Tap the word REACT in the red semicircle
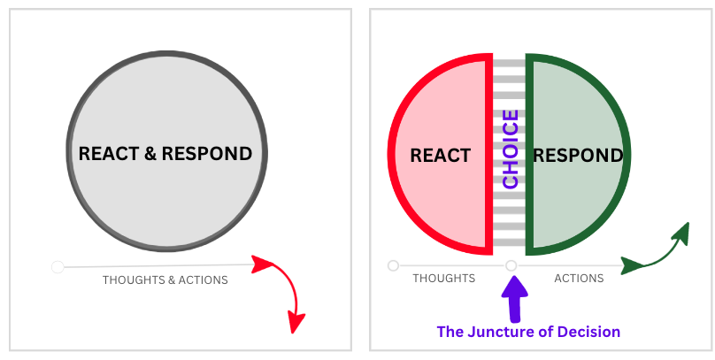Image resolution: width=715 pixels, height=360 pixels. [x=440, y=156]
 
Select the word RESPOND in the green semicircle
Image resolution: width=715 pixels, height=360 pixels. [x=577, y=156]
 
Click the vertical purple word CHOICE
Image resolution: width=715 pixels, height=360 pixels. [x=510, y=149]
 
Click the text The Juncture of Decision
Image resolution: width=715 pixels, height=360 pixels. [x=528, y=332]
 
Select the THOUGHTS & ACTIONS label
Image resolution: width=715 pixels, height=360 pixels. [x=165, y=280]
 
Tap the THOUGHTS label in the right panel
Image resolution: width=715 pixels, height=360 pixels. [x=443, y=278]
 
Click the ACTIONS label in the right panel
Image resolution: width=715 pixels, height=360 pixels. [x=579, y=278]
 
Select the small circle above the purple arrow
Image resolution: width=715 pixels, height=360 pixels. [x=511, y=264]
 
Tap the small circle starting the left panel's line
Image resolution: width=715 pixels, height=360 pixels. [x=58, y=266]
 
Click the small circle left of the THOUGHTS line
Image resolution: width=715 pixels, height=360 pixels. [x=393, y=264]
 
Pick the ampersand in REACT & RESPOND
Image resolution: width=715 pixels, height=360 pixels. [x=150, y=153]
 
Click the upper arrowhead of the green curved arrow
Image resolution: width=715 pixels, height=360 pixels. [x=680, y=232]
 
